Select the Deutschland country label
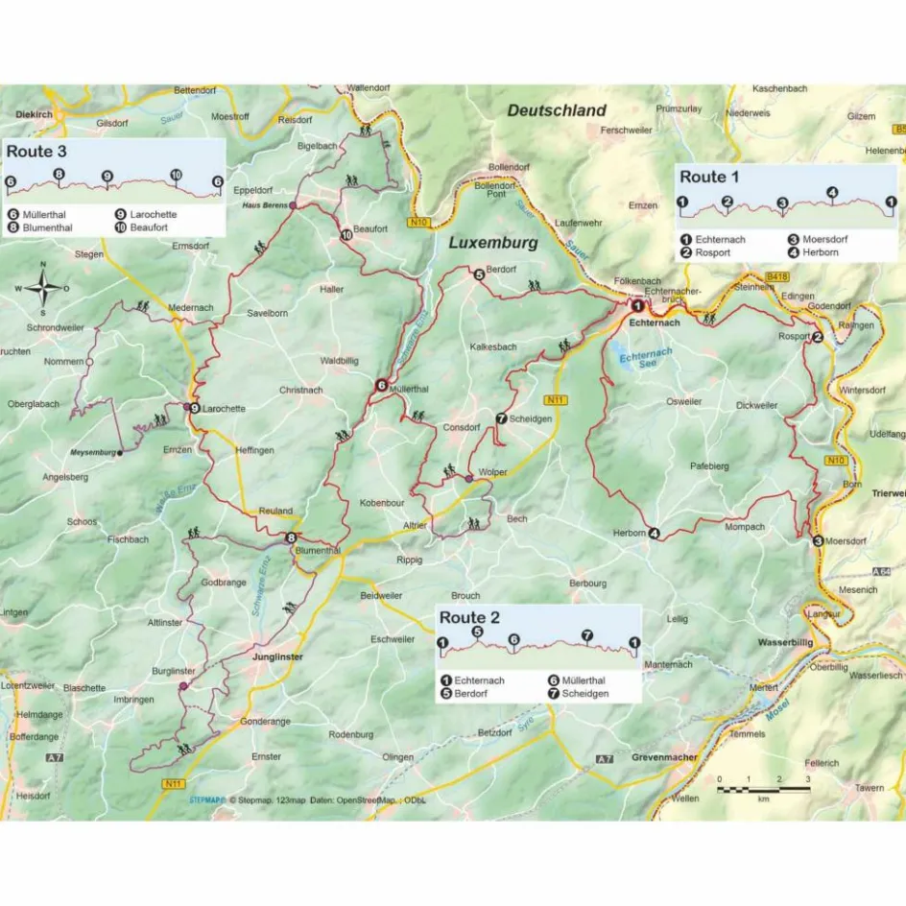pos(557,110)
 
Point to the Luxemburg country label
pos(493,244)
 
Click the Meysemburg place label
pos(93,452)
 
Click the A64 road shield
pos(885,572)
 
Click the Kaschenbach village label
pos(777,88)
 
